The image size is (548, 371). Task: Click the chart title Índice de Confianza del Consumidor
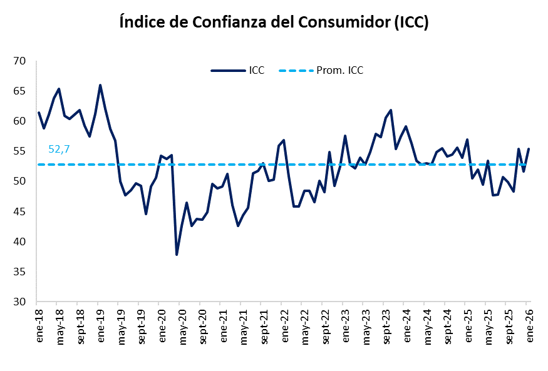point(274,23)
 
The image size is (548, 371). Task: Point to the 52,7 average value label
point(59,149)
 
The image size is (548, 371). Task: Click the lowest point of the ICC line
point(177,255)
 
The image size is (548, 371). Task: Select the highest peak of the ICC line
point(100,85)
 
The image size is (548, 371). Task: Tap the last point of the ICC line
point(529,149)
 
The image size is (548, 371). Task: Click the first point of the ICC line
point(39,113)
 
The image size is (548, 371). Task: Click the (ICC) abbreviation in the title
point(410,23)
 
